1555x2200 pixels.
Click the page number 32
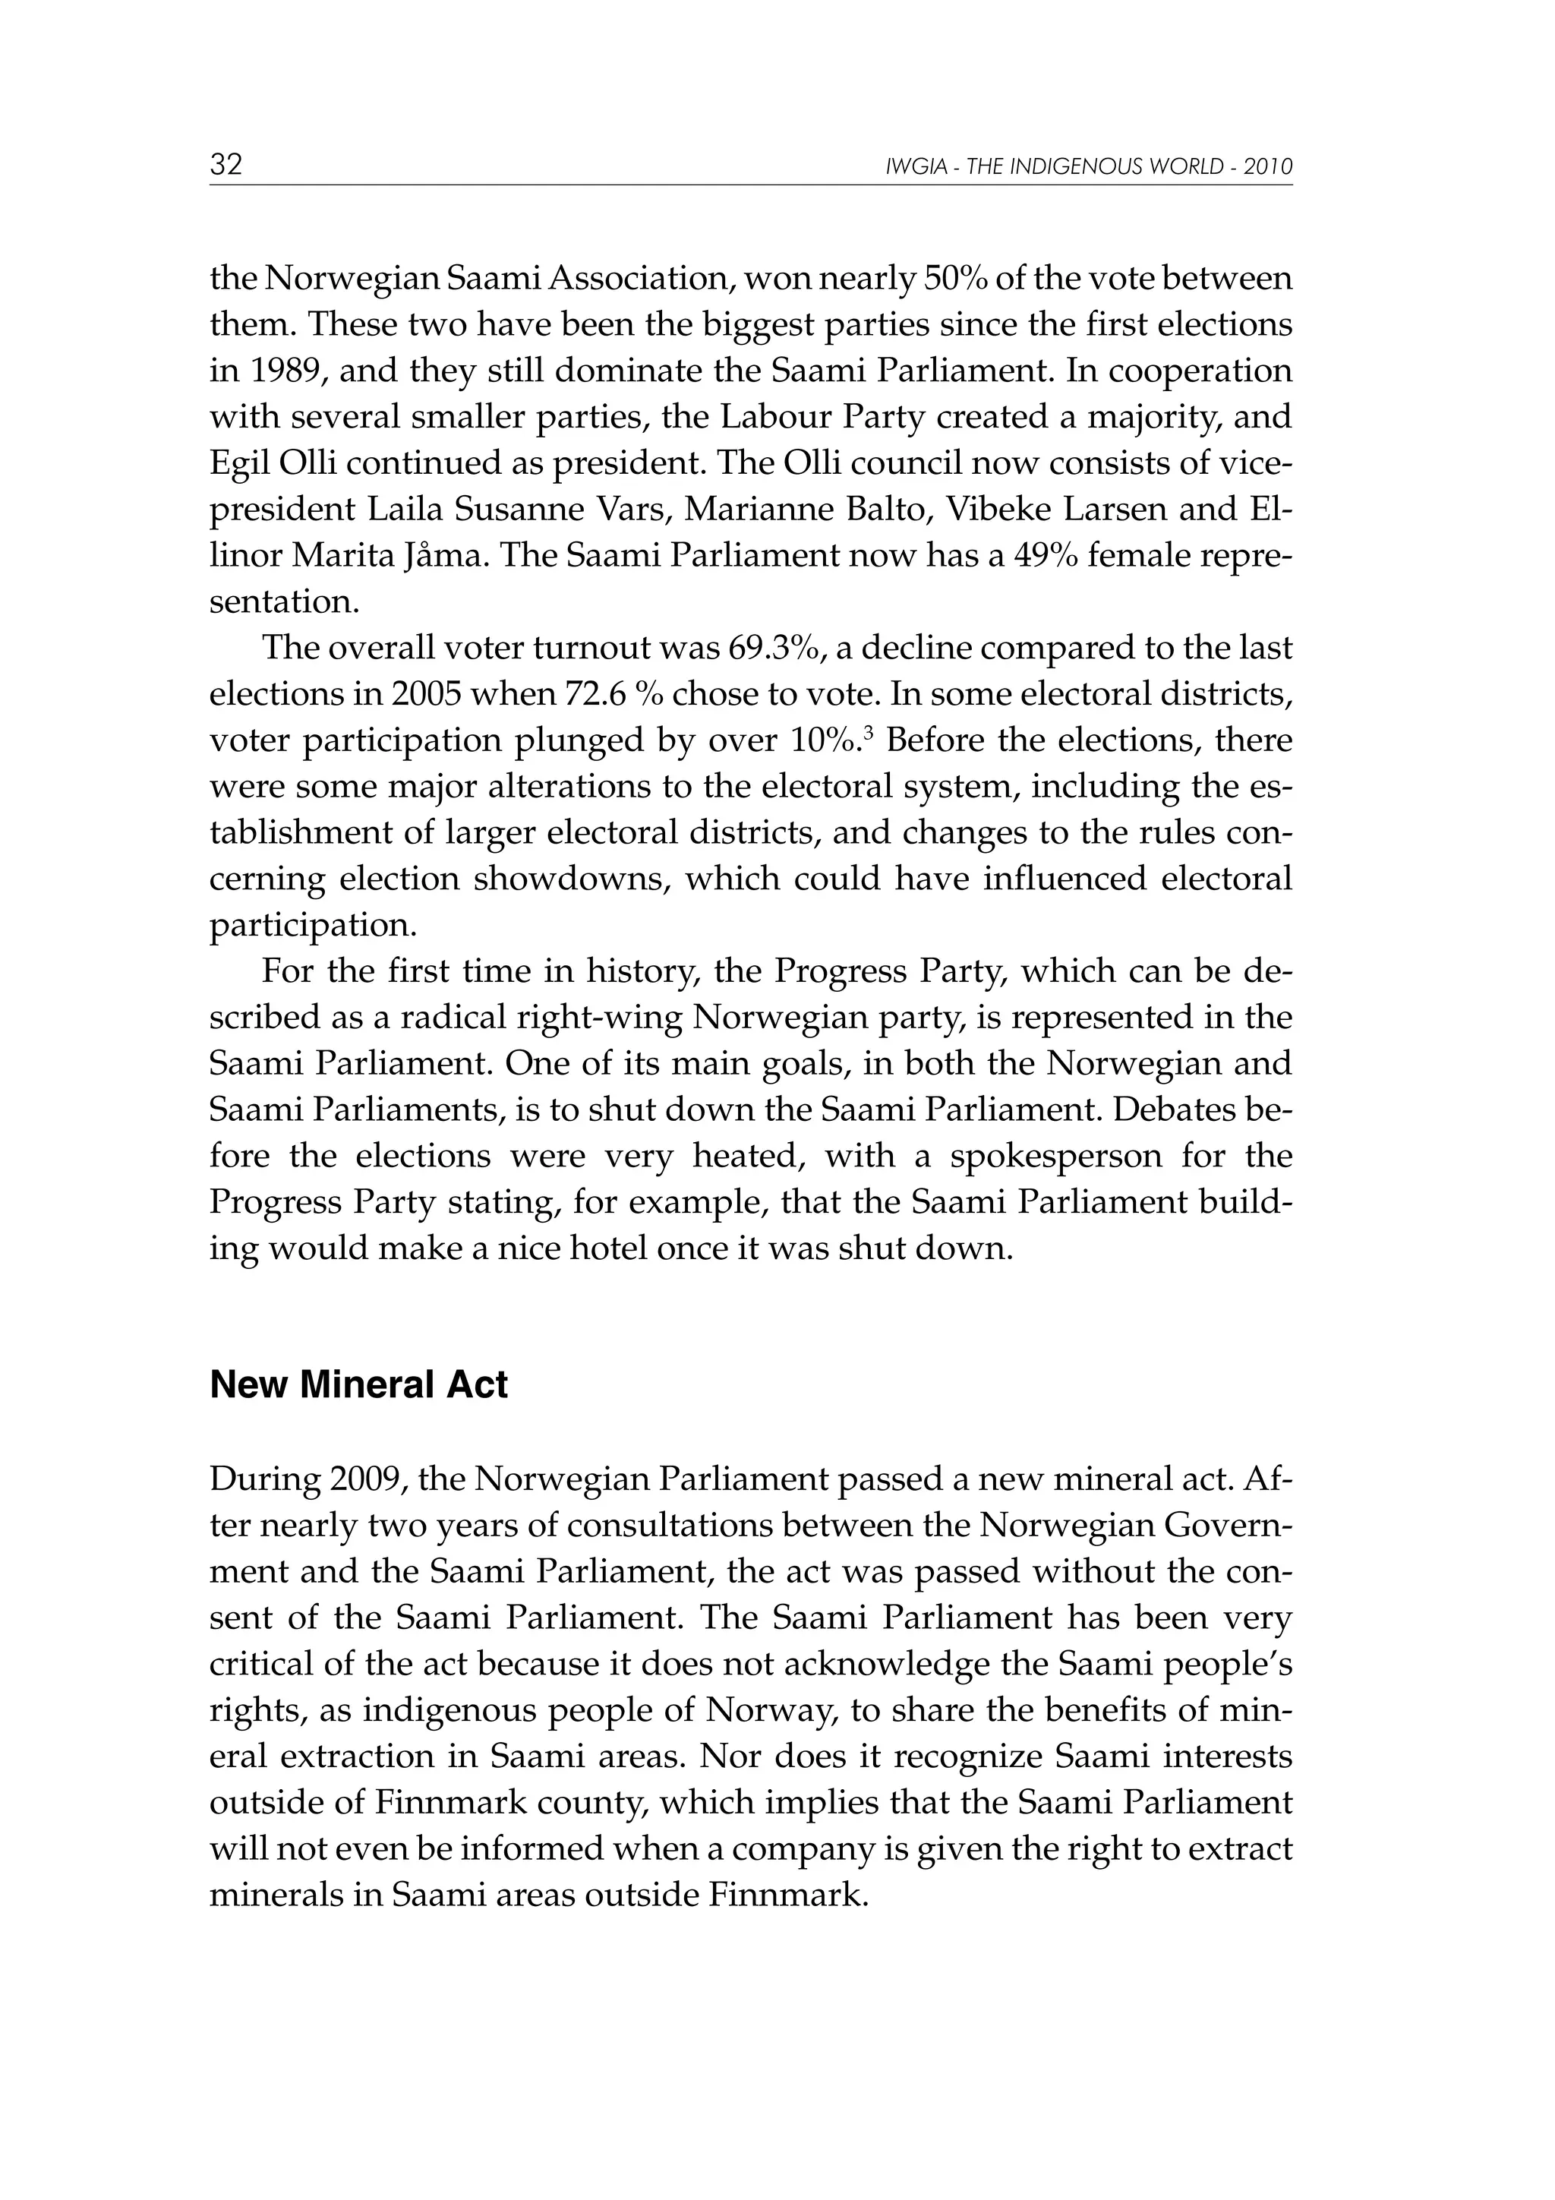coord(226,165)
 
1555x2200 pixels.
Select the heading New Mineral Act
coord(358,1384)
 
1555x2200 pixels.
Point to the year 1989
coord(279,371)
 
